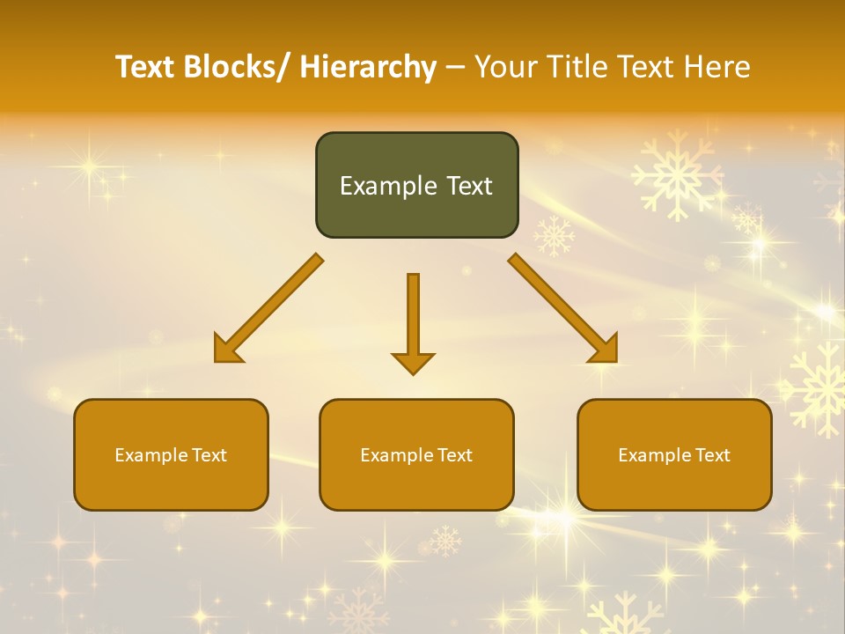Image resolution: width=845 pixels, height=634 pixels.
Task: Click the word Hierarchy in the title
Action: (x=368, y=67)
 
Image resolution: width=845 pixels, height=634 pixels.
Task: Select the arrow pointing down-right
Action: (x=563, y=308)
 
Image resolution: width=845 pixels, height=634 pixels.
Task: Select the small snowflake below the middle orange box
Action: (x=445, y=540)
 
